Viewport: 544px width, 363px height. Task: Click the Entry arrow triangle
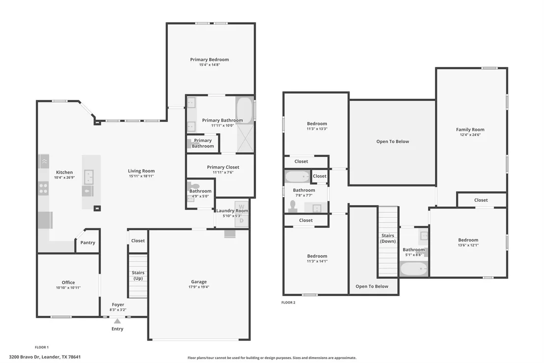coord(118,321)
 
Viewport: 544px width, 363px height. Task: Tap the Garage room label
coord(199,282)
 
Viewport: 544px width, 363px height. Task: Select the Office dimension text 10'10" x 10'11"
coord(68,288)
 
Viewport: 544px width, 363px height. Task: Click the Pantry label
coord(88,242)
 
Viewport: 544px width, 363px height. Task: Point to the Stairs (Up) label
coord(138,275)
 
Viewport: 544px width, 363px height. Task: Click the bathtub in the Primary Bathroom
coord(245,110)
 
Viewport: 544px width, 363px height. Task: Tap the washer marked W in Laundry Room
coord(242,207)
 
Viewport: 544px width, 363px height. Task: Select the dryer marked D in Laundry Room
coord(242,221)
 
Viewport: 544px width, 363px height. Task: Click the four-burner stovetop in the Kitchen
coord(43,188)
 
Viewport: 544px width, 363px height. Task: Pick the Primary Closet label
coord(223,167)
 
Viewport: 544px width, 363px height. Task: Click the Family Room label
coord(470,129)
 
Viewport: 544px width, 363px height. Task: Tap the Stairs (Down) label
coord(388,238)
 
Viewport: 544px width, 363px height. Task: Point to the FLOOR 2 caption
coord(288,302)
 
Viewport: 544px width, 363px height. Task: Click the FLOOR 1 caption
coord(42,347)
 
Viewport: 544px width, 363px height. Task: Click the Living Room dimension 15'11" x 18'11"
coord(141,176)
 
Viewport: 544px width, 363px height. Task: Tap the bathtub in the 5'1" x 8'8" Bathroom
coord(413,269)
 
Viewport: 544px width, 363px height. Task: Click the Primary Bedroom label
coord(210,60)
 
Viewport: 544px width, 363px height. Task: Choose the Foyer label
coord(118,304)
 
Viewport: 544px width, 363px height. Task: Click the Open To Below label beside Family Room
coord(393,142)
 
